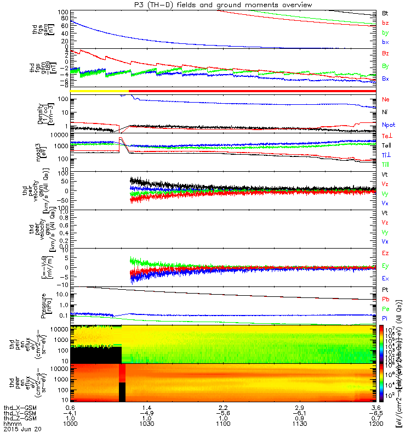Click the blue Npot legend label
tap(386, 125)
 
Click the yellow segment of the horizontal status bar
tap(99, 91)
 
